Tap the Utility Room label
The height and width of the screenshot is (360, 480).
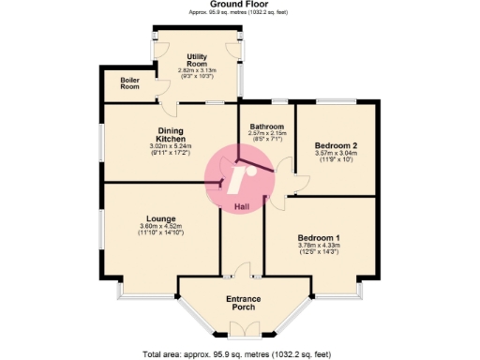tap(196, 61)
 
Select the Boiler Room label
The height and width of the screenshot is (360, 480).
tap(129, 83)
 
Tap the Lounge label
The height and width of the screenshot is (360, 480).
tap(160, 219)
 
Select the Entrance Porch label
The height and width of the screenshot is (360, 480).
tap(247, 304)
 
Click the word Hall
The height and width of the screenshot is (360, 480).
tap(242, 206)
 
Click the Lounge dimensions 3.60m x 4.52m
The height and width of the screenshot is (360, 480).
tap(160, 226)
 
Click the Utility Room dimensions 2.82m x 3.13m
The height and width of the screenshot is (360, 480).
tap(196, 69)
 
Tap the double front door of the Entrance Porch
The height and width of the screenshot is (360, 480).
tap(241, 329)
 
